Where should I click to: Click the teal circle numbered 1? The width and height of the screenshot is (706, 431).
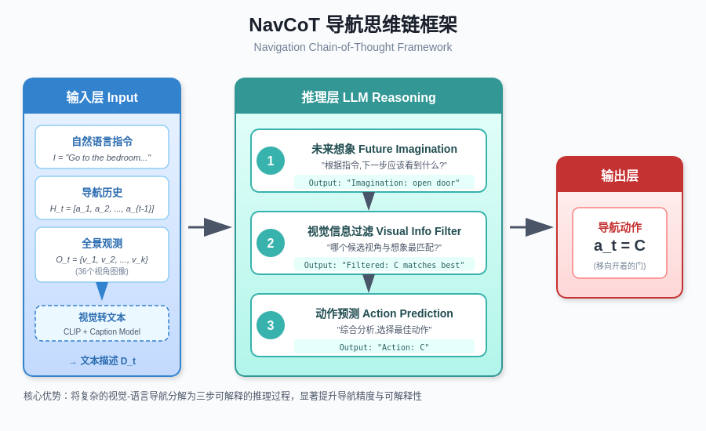click(x=271, y=161)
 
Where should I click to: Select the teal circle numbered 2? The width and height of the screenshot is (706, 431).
click(x=271, y=243)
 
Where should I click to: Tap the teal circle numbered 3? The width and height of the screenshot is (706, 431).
click(x=271, y=325)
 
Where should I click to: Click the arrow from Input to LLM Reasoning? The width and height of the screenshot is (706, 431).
click(x=209, y=227)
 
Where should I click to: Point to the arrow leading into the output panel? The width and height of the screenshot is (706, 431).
click(x=531, y=227)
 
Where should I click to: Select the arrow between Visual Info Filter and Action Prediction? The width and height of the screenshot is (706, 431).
click(x=369, y=284)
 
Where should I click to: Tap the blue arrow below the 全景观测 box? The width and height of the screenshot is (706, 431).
click(x=102, y=291)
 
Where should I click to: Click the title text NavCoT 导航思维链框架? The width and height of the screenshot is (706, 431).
click(x=353, y=25)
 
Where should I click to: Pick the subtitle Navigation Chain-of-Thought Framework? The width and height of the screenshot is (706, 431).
click(x=353, y=47)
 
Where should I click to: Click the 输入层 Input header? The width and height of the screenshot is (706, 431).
click(x=102, y=97)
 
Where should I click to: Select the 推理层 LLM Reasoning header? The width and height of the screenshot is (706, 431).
click(x=369, y=97)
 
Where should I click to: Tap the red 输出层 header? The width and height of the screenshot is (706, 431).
click(x=620, y=176)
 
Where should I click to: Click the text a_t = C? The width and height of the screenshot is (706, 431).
click(x=620, y=245)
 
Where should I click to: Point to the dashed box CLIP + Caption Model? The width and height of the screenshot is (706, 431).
click(x=102, y=323)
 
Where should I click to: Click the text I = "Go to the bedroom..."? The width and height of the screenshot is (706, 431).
click(x=102, y=158)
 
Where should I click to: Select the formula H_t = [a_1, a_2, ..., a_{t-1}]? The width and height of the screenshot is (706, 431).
click(x=102, y=208)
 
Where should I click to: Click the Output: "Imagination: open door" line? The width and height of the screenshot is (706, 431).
click(x=384, y=183)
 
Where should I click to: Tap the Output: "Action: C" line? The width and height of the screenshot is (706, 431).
click(x=384, y=347)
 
